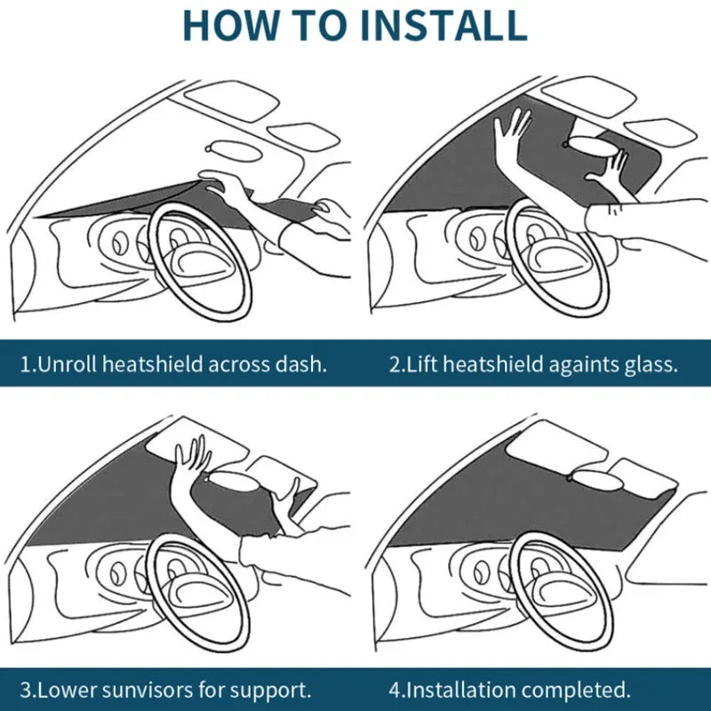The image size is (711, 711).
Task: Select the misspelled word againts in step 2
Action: point(561,364)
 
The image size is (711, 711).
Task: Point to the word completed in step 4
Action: point(579,689)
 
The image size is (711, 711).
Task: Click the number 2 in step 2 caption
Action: point(395,364)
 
